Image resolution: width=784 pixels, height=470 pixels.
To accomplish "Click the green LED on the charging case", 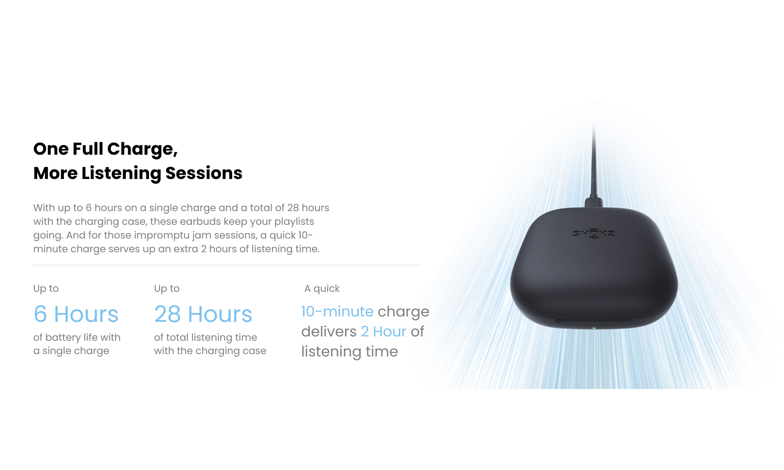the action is (594, 328).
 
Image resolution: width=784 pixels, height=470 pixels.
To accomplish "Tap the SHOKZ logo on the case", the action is (593, 233).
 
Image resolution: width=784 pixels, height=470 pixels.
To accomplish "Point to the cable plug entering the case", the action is (593, 202).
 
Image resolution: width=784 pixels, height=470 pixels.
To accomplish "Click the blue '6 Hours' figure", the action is (76, 314).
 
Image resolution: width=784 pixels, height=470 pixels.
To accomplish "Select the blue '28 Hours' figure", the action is (203, 314).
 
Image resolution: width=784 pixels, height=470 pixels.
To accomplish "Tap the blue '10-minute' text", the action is (337, 311).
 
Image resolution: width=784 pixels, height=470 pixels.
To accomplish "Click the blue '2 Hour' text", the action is (384, 331).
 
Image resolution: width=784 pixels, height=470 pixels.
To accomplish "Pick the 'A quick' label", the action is (322, 289).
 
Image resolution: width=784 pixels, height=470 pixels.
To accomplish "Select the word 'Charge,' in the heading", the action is (142, 149).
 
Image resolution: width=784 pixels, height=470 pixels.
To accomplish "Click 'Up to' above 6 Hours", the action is (46, 289).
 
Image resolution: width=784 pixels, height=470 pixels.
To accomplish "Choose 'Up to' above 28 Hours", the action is (167, 289).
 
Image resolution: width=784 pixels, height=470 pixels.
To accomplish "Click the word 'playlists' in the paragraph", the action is (294, 222).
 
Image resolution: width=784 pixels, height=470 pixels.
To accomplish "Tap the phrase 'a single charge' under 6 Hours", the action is (71, 351).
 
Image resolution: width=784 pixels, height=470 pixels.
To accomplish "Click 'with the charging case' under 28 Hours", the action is (210, 351).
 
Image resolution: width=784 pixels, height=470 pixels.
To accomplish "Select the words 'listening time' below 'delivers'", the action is (349, 352).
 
